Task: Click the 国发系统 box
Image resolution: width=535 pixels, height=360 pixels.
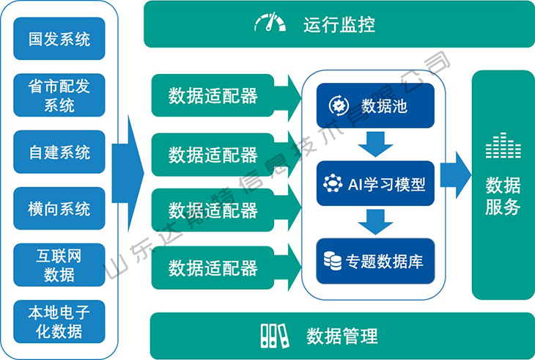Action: click(x=59, y=39)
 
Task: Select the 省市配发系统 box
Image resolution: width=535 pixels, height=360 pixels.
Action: click(x=59, y=95)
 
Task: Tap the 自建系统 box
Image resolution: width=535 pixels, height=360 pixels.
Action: click(x=59, y=153)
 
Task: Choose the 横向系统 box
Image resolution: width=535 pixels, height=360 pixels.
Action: click(x=59, y=208)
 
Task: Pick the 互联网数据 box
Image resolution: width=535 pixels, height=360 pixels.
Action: click(x=59, y=265)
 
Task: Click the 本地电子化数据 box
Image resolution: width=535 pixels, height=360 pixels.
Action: click(x=59, y=321)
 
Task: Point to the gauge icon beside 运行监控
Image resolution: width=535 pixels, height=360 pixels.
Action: click(x=270, y=23)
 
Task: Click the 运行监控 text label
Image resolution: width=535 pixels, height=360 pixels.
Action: click(x=339, y=25)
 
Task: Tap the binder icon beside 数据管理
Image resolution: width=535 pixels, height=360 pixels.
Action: click(x=273, y=336)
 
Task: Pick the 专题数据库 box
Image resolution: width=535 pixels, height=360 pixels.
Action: click(x=375, y=260)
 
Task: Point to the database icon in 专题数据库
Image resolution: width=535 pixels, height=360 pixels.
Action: click(x=333, y=260)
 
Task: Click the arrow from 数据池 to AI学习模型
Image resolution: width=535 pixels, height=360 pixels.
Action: click(x=376, y=144)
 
